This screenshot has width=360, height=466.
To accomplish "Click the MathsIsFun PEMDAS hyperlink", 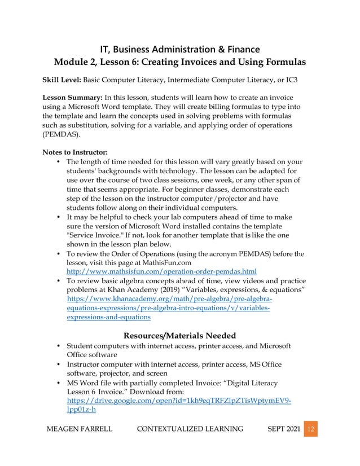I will pos(161,271).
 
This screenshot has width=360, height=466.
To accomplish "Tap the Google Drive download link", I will pos(178,399).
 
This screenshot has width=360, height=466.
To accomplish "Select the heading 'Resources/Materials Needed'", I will pos(179,336).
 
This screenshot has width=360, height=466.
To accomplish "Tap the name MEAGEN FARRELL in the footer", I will pos(79,429).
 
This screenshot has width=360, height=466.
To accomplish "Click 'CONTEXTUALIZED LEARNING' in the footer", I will pos(191,429).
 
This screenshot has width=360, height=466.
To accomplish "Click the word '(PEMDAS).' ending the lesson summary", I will pos(61,135).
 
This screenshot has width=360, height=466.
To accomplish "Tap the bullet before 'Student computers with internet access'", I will pos(59,345).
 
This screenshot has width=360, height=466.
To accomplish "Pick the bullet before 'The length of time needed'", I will pos(59,162).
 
